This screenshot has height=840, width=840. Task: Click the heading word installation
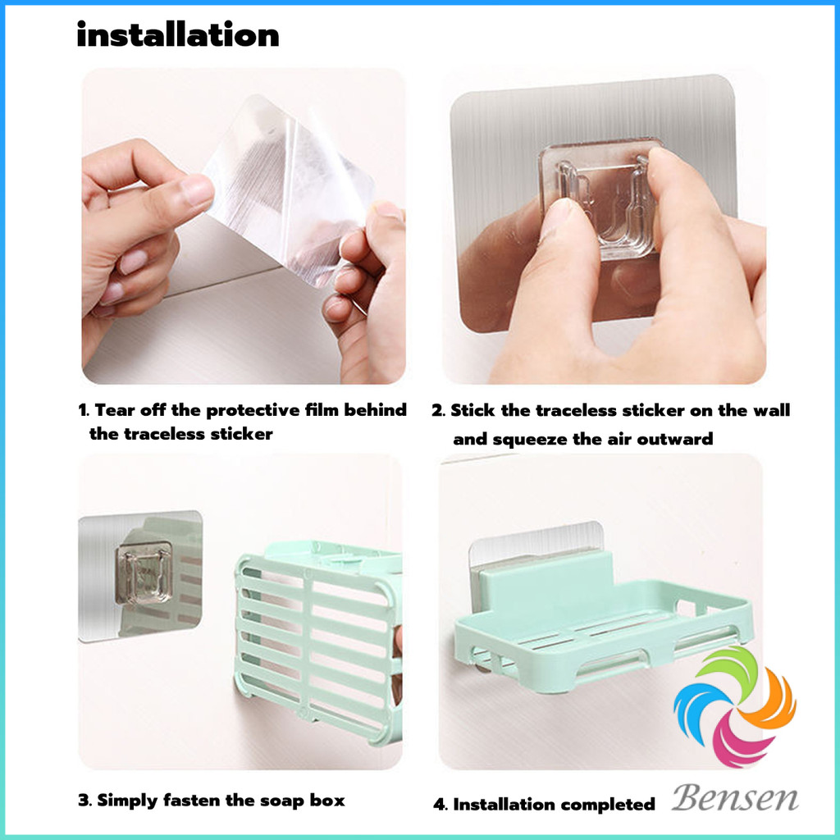pos(178,35)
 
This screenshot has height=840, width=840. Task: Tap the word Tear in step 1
pos(115,410)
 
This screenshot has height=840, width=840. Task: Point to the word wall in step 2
pos(771,410)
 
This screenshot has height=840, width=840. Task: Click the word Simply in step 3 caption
pos(127,801)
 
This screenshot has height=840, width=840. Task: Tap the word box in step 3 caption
pos(327,801)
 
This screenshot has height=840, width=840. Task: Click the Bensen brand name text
pos(734,799)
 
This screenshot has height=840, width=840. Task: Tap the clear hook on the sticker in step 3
pos(144,572)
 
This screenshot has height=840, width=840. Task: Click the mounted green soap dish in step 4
pos(603,622)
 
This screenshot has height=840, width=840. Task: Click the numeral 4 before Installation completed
pos(440,805)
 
